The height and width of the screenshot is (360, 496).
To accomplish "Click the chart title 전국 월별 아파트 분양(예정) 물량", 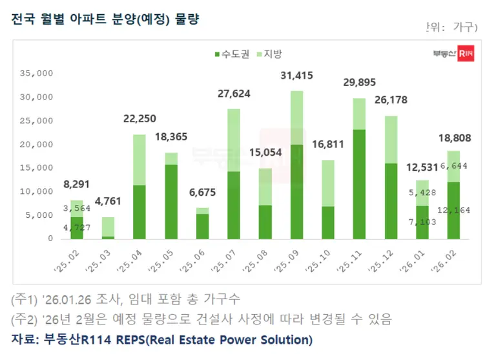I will click(105, 19).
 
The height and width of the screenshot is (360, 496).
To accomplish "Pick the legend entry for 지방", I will click(270, 55).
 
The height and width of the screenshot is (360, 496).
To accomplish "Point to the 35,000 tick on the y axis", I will click(37, 74).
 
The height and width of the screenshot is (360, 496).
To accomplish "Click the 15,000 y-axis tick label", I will click(37, 168).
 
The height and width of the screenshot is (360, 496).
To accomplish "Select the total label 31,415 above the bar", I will click(296, 76).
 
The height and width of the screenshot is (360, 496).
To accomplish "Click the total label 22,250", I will click(139, 119).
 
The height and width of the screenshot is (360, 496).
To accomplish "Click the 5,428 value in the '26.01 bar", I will click(423, 193).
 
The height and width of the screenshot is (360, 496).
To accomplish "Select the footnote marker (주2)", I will click(25, 319).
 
